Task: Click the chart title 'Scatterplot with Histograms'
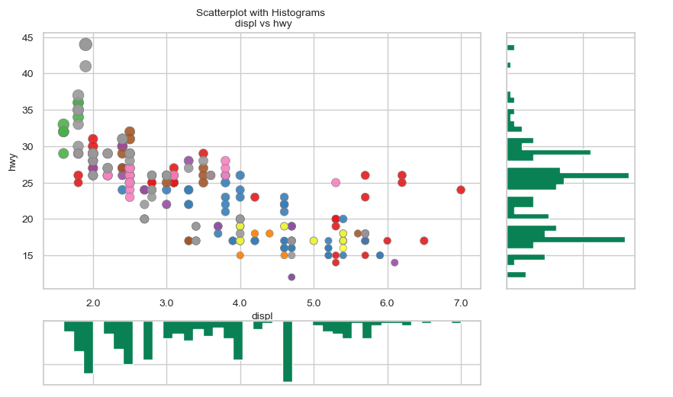coord(260,13)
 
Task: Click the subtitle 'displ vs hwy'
coord(260,24)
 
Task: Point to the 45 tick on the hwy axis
coord(27,37)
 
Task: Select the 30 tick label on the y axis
coord(27,146)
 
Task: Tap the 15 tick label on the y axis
coord(27,255)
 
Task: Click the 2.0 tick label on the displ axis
coord(93,303)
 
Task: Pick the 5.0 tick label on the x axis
coord(314,303)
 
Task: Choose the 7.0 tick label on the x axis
coord(460,303)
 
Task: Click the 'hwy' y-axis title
coord(12,161)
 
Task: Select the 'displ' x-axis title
coord(262,315)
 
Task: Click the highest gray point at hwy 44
coord(85,45)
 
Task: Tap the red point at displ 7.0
coord(461,190)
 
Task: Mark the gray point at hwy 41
coord(85,66)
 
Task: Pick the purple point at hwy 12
coord(291,277)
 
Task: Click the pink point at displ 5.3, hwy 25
coord(336,183)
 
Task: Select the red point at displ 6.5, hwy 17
coord(424,241)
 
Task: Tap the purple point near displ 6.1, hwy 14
coord(394,263)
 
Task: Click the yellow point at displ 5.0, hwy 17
coord(314,241)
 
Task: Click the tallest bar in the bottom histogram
coord(288,351)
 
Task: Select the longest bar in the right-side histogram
coord(568,175)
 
